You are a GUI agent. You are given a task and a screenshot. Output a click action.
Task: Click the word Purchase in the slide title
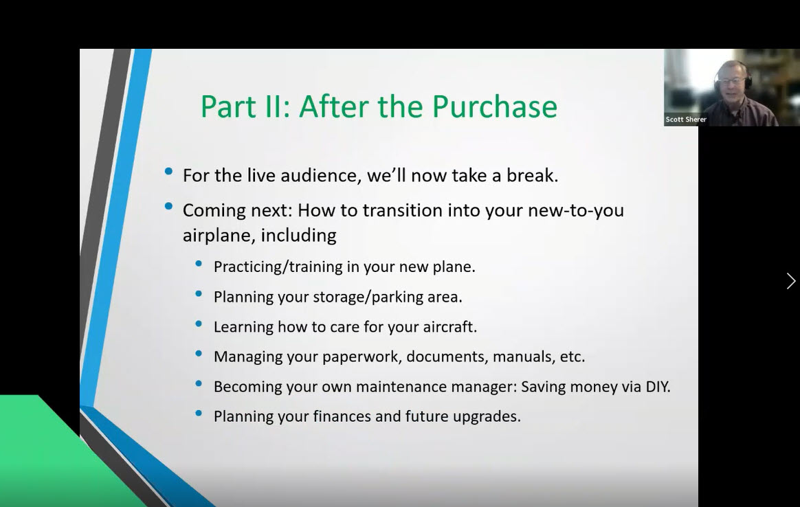pos(494,107)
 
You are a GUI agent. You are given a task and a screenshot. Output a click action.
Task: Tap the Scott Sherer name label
pos(686,120)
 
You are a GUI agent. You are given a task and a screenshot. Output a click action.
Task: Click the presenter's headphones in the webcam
pos(746,76)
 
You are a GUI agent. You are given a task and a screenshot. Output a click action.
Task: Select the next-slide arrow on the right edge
pos(790,281)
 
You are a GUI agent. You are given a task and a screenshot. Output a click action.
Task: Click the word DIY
pos(657,387)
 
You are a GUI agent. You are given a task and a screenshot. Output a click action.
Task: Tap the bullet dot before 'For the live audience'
pos(169,172)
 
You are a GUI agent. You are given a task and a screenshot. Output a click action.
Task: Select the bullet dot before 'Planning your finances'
pos(199,414)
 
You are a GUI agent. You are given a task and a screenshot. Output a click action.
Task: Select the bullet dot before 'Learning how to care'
pos(199,324)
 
